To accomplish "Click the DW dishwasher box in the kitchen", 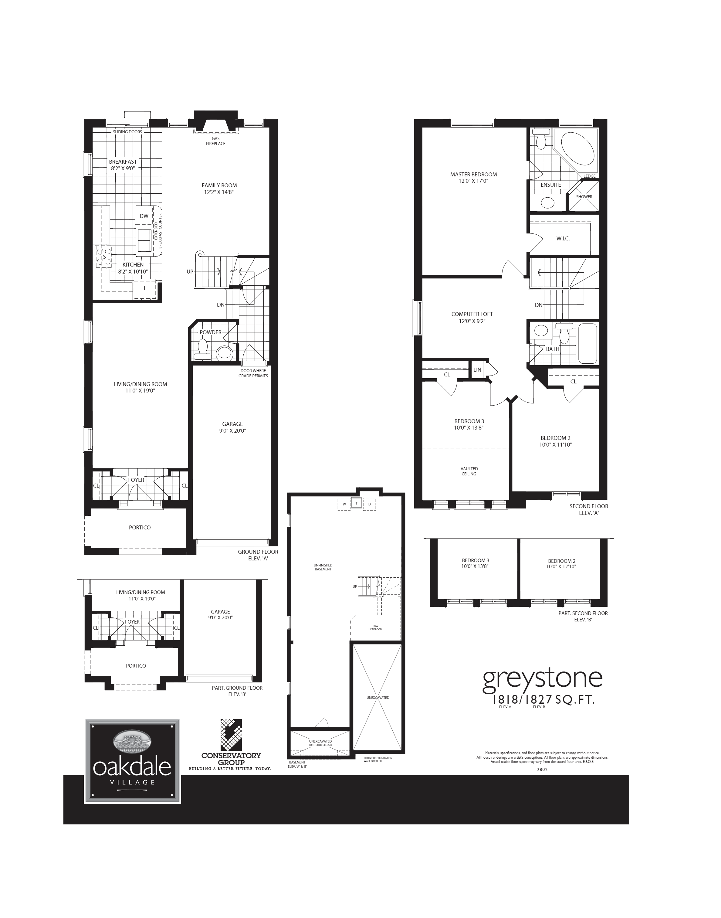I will [x=144, y=216].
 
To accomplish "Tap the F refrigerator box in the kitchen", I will [x=145, y=288].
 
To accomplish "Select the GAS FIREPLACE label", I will [x=215, y=141].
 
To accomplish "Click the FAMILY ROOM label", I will [x=219, y=185].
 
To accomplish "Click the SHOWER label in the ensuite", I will [x=584, y=197].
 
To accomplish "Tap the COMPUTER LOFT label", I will [x=472, y=314].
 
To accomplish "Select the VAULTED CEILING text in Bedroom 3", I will [x=469, y=471].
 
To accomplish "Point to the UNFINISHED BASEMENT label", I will [x=323, y=567].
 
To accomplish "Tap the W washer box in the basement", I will [x=344, y=504].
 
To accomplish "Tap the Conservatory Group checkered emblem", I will [x=231, y=735].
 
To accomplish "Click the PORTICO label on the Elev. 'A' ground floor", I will [x=140, y=527].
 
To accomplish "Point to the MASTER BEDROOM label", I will [x=473, y=174].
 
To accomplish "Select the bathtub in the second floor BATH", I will [x=587, y=343].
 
